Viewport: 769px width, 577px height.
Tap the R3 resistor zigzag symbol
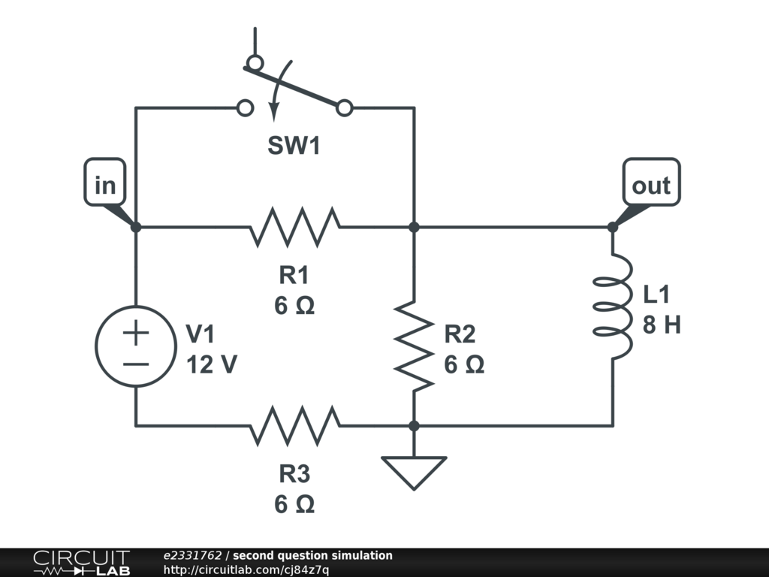tap(294, 425)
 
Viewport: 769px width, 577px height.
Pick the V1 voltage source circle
tap(136, 347)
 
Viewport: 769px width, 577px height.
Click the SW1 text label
tap(294, 147)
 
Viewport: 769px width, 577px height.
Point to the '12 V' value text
tap(212, 365)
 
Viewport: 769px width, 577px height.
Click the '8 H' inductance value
tap(662, 325)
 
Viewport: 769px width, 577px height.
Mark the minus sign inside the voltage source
tap(136, 364)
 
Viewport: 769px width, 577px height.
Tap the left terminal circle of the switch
tap(245, 108)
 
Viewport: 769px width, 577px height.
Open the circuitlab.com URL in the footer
tap(246, 569)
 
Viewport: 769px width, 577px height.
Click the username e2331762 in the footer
tap(192, 556)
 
